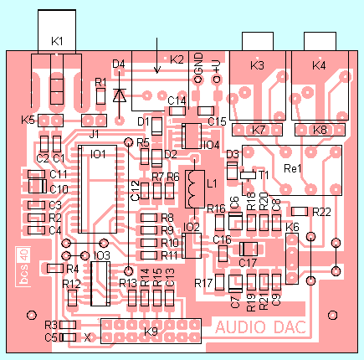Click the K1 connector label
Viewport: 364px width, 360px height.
pyautogui.click(x=57, y=40)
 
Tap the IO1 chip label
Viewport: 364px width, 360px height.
pyautogui.click(x=98, y=155)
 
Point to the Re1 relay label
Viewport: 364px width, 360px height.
pyautogui.click(x=294, y=168)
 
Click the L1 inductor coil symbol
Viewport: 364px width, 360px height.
pyautogui.click(x=195, y=188)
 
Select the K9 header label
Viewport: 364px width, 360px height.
pyautogui.click(x=151, y=332)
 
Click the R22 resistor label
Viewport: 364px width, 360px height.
pyautogui.click(x=322, y=211)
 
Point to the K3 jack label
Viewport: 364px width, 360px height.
pyautogui.click(x=257, y=65)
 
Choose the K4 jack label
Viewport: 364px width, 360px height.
pyautogui.click(x=319, y=65)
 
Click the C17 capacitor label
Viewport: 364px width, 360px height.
pyautogui.click(x=247, y=262)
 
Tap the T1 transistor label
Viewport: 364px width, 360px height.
pyautogui.click(x=263, y=174)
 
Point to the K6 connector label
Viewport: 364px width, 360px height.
pyautogui.click(x=292, y=227)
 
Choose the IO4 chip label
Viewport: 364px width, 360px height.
pyautogui.click(x=210, y=145)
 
